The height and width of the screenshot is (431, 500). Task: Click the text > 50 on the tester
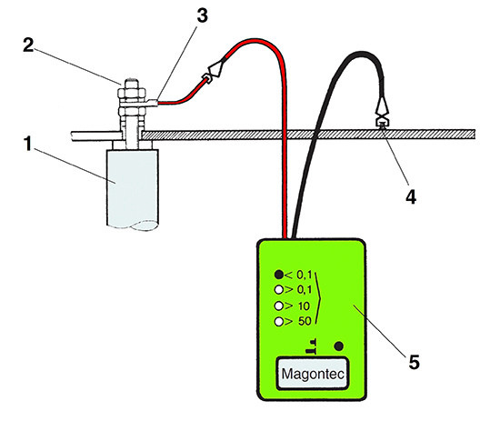(301, 322)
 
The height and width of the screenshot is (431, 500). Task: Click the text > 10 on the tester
(299, 306)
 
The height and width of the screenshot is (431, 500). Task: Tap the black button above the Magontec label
(340, 346)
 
